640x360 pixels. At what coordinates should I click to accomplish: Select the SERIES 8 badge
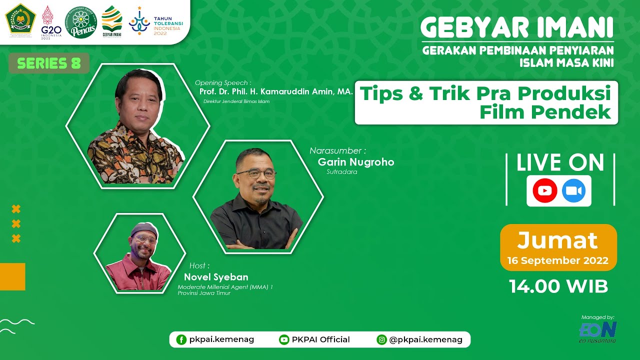pyautogui.click(x=49, y=63)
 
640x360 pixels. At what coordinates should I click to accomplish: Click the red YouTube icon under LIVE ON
pyautogui.click(x=544, y=191)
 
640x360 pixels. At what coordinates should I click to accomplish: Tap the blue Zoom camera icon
pyautogui.click(x=573, y=191)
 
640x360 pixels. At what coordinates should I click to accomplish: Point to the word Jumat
pyautogui.click(x=557, y=240)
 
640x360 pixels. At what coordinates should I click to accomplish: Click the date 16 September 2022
pyautogui.click(x=557, y=260)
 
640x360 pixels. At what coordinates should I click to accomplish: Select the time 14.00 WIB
pyautogui.click(x=558, y=286)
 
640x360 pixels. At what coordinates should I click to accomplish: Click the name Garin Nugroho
pyautogui.click(x=356, y=162)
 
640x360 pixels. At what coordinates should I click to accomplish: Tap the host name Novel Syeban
pyautogui.click(x=216, y=277)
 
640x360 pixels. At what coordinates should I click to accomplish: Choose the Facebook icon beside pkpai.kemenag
pyautogui.click(x=181, y=339)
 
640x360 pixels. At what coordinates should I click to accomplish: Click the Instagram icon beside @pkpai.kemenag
pyautogui.click(x=382, y=339)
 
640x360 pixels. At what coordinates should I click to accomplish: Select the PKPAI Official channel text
pyautogui.click(x=320, y=339)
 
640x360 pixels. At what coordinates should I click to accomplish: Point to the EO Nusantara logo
pyautogui.click(x=598, y=331)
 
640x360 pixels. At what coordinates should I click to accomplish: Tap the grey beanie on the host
pyautogui.click(x=144, y=229)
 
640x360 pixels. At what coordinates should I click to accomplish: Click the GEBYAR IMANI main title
pyautogui.click(x=517, y=29)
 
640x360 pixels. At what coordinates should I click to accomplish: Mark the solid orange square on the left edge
pyautogui.click(x=12, y=276)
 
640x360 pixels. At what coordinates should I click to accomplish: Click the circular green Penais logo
pyautogui.click(x=81, y=21)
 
